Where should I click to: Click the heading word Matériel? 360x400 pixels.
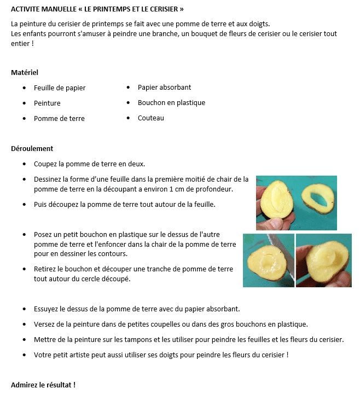(25, 72)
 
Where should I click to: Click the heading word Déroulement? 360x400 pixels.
(32, 148)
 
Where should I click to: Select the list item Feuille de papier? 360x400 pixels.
(60, 88)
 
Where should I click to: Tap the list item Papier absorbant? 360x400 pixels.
(164, 87)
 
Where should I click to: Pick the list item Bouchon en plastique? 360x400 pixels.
(171, 102)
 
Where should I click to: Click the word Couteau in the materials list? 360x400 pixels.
(150, 118)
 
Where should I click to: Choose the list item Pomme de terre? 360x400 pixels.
(59, 118)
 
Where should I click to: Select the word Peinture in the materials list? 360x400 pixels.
(47, 103)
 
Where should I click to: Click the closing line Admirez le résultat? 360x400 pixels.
(43, 385)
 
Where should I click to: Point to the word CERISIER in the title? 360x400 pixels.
(162, 9)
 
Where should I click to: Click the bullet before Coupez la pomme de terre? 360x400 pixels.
(24, 164)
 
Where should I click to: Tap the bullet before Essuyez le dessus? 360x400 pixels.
(24, 309)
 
